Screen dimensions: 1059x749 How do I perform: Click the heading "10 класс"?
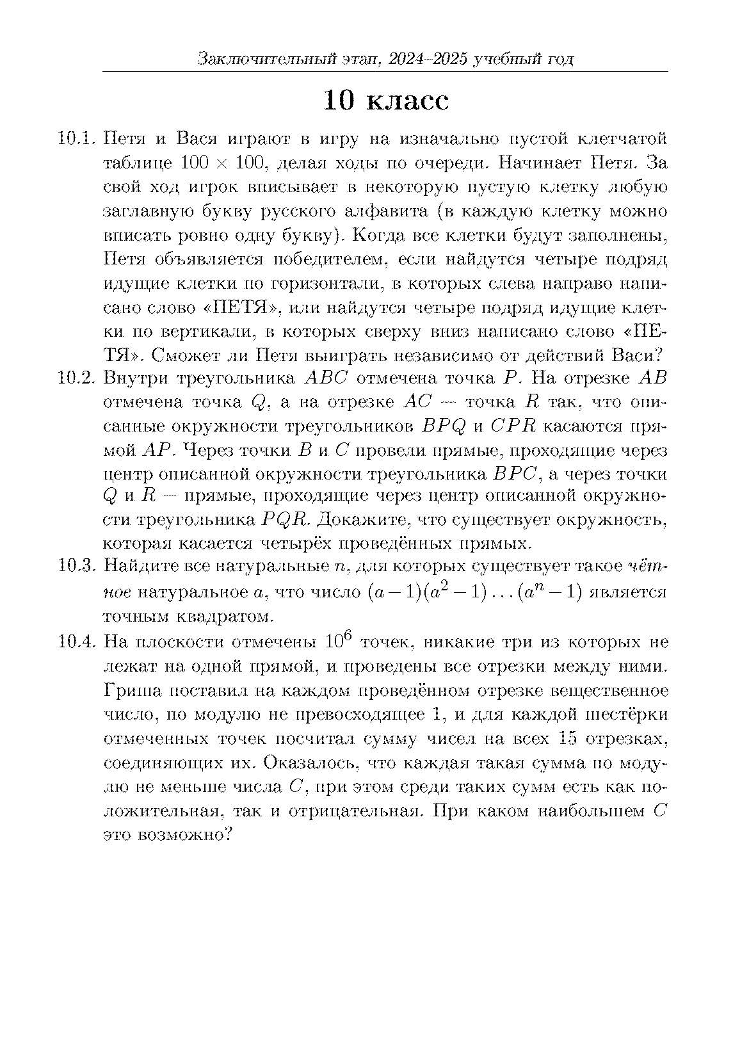[385, 101]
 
